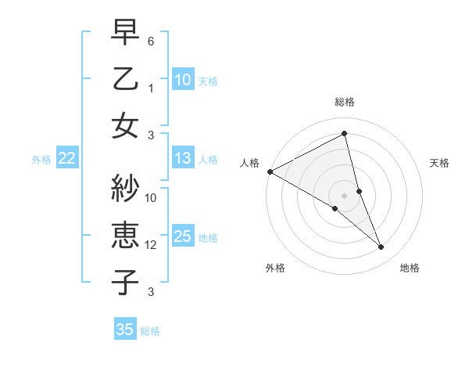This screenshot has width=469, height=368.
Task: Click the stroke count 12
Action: [151, 245]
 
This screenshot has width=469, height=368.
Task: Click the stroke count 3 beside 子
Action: [151, 292]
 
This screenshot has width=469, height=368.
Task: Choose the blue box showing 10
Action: [182, 79]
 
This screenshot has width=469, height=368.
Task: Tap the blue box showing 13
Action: [182, 158]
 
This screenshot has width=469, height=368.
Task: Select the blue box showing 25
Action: [182, 236]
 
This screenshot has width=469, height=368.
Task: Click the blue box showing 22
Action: [66, 158]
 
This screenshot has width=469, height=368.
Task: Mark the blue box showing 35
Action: [124, 330]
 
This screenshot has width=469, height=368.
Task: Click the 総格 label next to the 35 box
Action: [150, 331]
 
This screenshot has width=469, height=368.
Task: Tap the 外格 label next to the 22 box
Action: [41, 160]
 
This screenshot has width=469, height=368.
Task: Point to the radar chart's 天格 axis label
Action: [440, 163]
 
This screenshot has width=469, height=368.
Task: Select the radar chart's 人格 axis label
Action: [249, 163]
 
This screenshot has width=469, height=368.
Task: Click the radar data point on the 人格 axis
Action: [270, 171]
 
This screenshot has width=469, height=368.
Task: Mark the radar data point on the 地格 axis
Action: [381, 247]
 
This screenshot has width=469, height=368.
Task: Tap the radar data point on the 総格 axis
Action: [345, 133]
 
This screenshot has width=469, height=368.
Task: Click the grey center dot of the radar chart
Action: [345, 194]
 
